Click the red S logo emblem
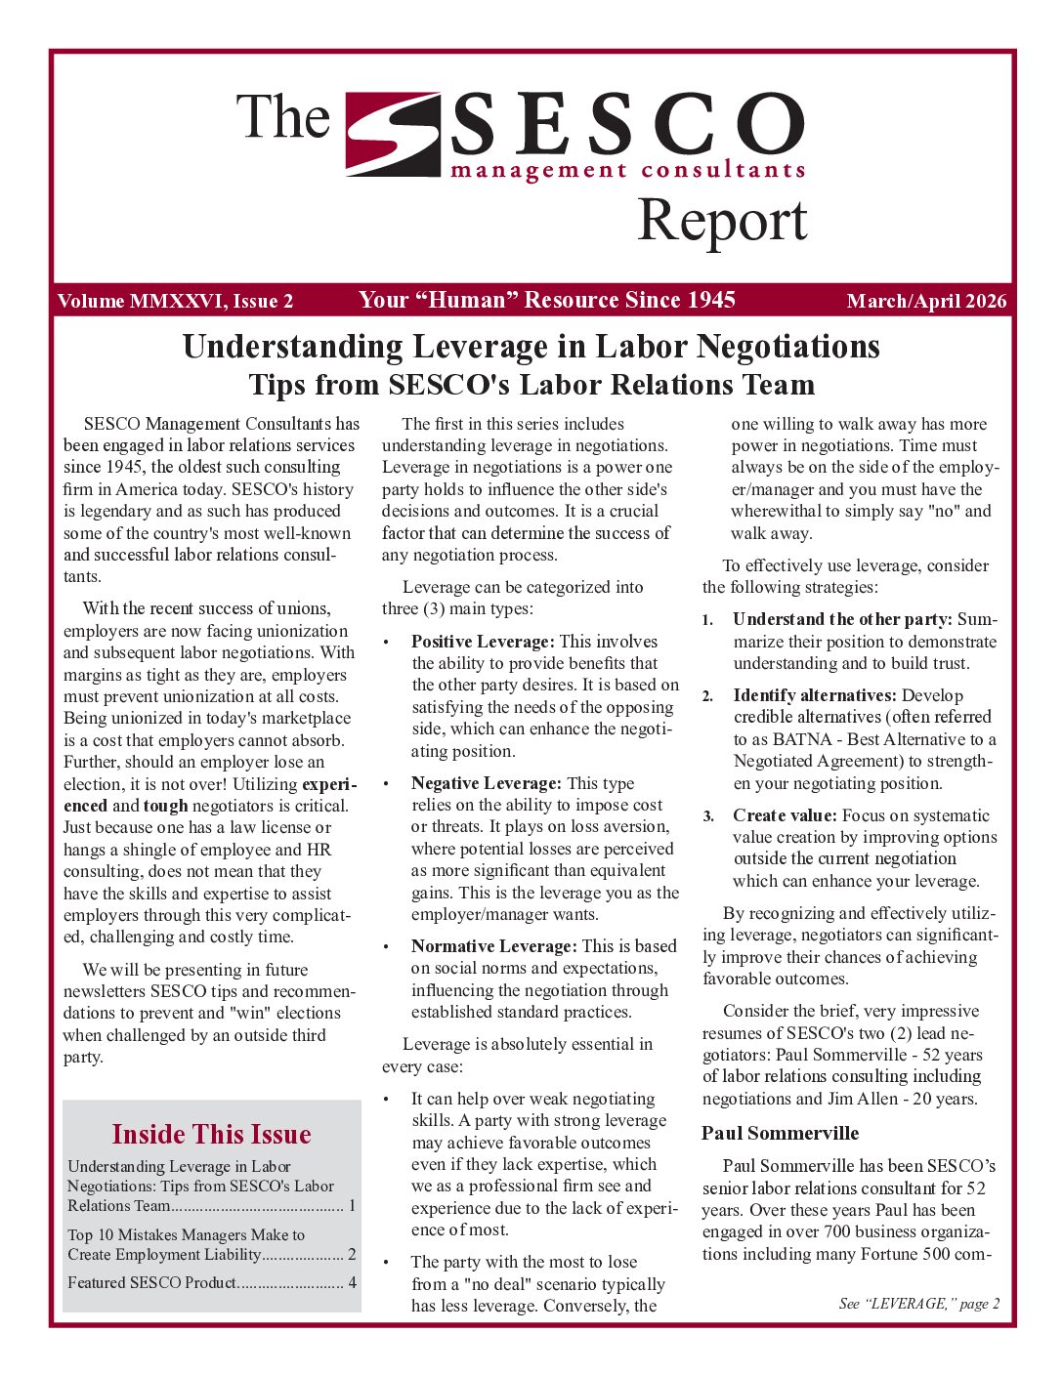point(394,134)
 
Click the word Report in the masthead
point(722,222)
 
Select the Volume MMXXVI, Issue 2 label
point(175,302)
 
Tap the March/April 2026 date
point(925,302)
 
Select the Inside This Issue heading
point(211,1134)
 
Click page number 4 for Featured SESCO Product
point(352,1282)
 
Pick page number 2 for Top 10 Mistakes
point(352,1254)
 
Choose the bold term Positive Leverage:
point(483,642)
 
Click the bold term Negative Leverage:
point(486,783)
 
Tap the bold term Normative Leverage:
point(493,946)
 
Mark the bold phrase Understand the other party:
point(841,619)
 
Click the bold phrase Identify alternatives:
point(814,695)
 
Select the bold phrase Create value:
point(785,815)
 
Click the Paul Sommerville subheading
point(780,1133)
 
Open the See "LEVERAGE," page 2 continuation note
point(918,1304)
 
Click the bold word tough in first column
point(165,806)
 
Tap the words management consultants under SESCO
point(627,171)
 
